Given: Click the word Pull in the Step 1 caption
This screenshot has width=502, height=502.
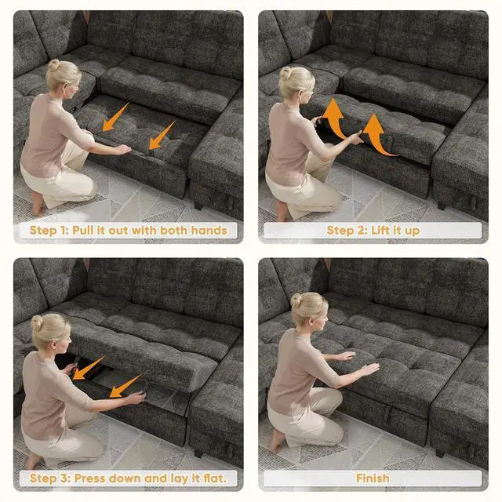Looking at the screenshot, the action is click(x=84, y=230).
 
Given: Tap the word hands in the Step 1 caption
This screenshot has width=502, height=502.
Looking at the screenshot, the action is click(x=209, y=230).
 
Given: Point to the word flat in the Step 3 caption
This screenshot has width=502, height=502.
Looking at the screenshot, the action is click(x=215, y=478).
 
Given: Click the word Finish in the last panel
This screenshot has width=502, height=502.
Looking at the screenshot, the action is click(x=373, y=478).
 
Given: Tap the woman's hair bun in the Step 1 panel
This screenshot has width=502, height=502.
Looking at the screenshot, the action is click(x=53, y=65).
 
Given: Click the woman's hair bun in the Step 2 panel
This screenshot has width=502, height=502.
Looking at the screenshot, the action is click(x=285, y=73).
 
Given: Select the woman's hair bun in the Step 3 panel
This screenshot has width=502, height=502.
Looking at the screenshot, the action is click(x=37, y=322).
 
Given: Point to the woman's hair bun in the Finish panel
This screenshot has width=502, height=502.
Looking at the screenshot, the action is click(x=296, y=300).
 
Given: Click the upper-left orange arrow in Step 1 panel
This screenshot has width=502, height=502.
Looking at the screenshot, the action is click(x=115, y=117).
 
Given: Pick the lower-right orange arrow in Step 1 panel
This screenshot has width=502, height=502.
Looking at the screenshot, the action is click(x=162, y=136).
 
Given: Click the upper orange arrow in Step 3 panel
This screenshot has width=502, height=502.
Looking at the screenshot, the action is click(x=89, y=368).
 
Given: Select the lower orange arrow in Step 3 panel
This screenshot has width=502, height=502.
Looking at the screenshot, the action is click(x=125, y=386).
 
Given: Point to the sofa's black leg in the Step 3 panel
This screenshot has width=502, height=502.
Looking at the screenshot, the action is click(x=198, y=453).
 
